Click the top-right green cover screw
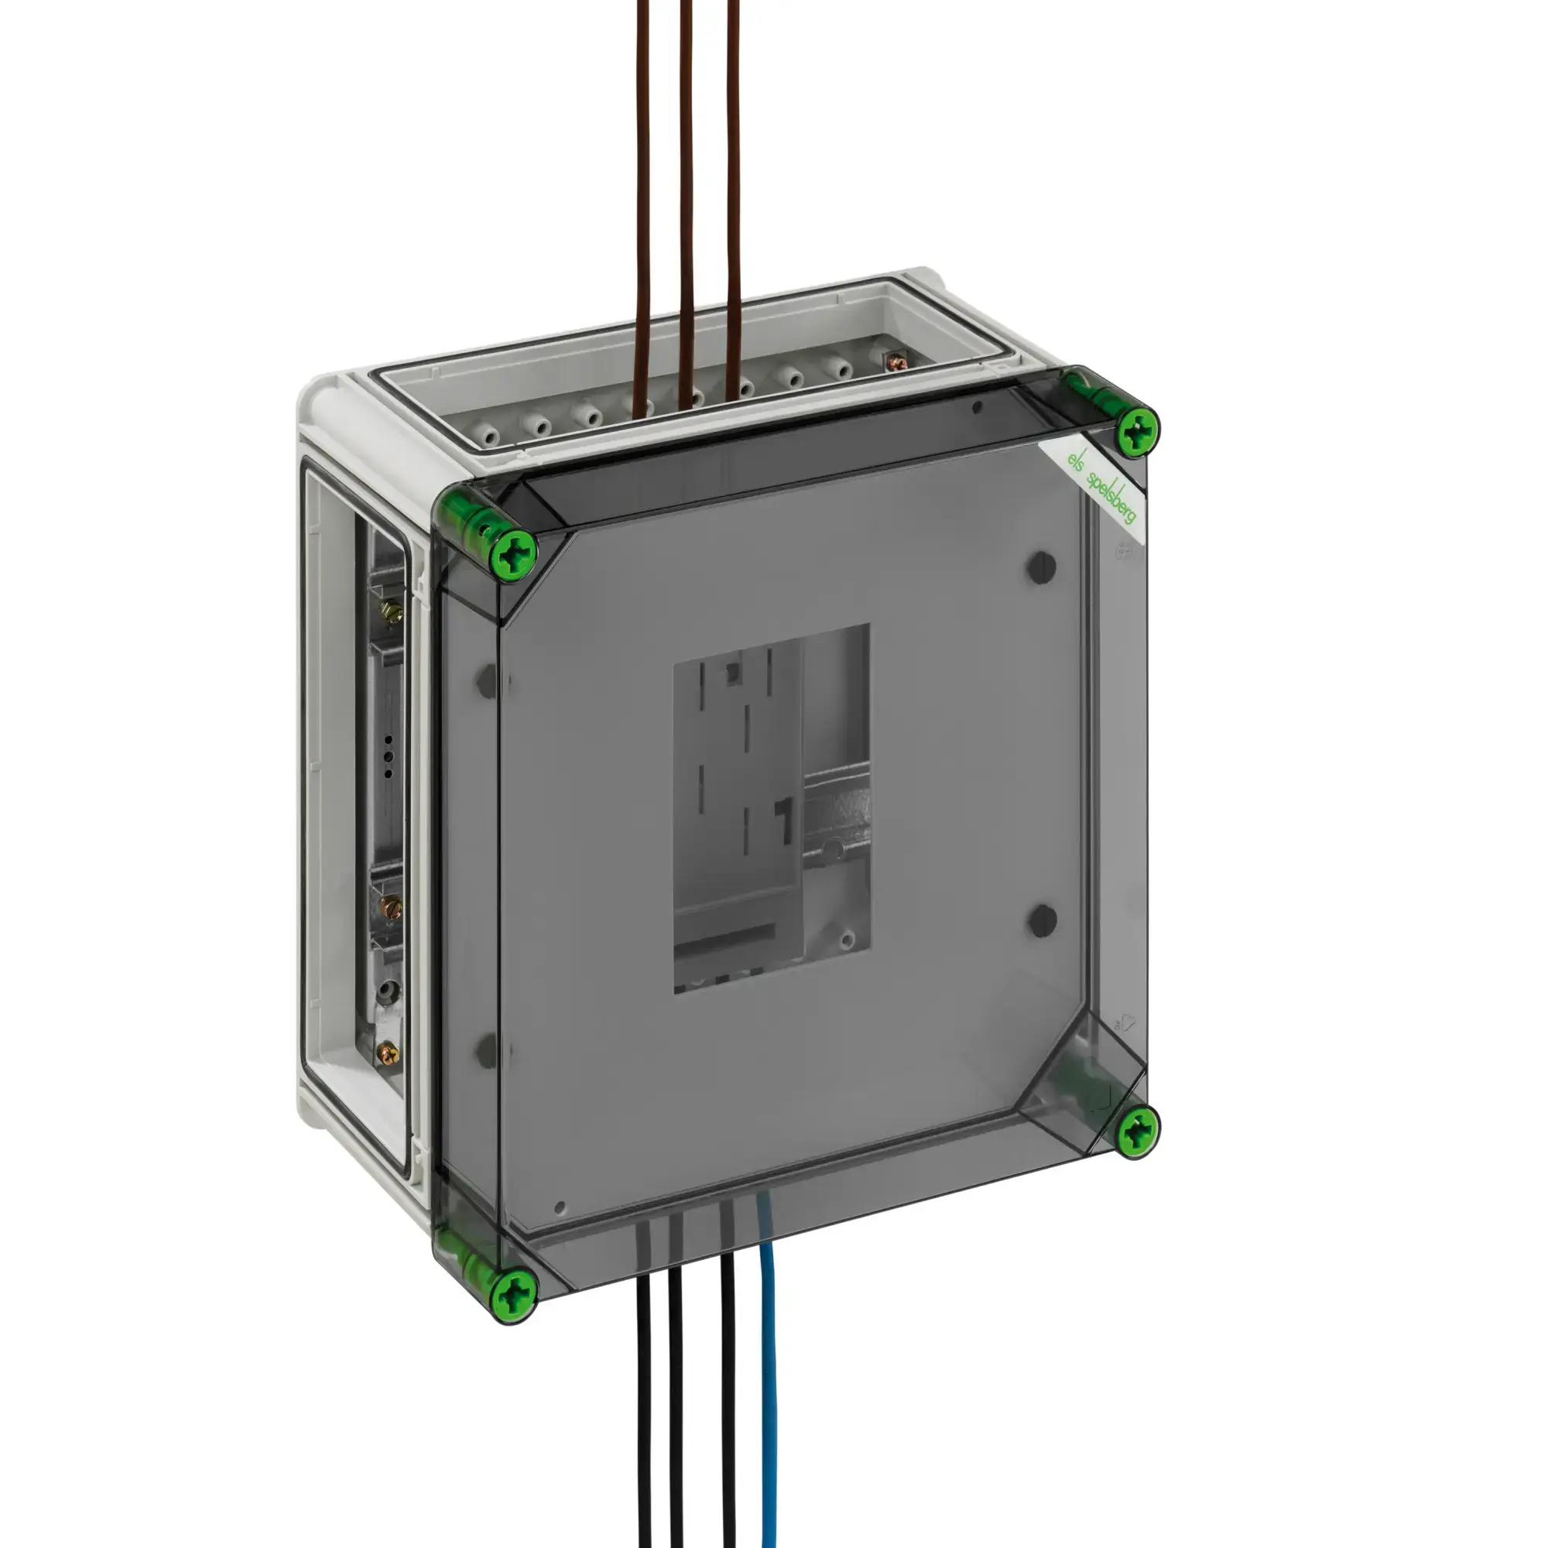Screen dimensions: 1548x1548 (x=1137, y=432)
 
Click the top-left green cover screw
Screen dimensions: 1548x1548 (x=514, y=552)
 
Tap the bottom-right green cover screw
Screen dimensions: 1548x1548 (x=1137, y=1132)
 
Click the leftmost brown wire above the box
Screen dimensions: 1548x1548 (x=641, y=200)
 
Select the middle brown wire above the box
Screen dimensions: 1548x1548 (x=686, y=200)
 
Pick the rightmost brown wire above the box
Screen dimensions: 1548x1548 (x=733, y=200)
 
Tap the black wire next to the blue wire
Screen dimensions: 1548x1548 (x=728, y=1402)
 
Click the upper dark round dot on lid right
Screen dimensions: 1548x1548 (x=1042, y=567)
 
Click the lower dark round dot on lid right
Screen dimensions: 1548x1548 (x=1043, y=920)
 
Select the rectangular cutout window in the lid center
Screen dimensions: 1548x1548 (x=771, y=810)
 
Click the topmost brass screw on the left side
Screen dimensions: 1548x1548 (x=392, y=612)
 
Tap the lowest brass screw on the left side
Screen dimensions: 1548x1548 (x=389, y=1052)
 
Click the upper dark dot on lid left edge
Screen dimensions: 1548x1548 (x=486, y=681)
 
